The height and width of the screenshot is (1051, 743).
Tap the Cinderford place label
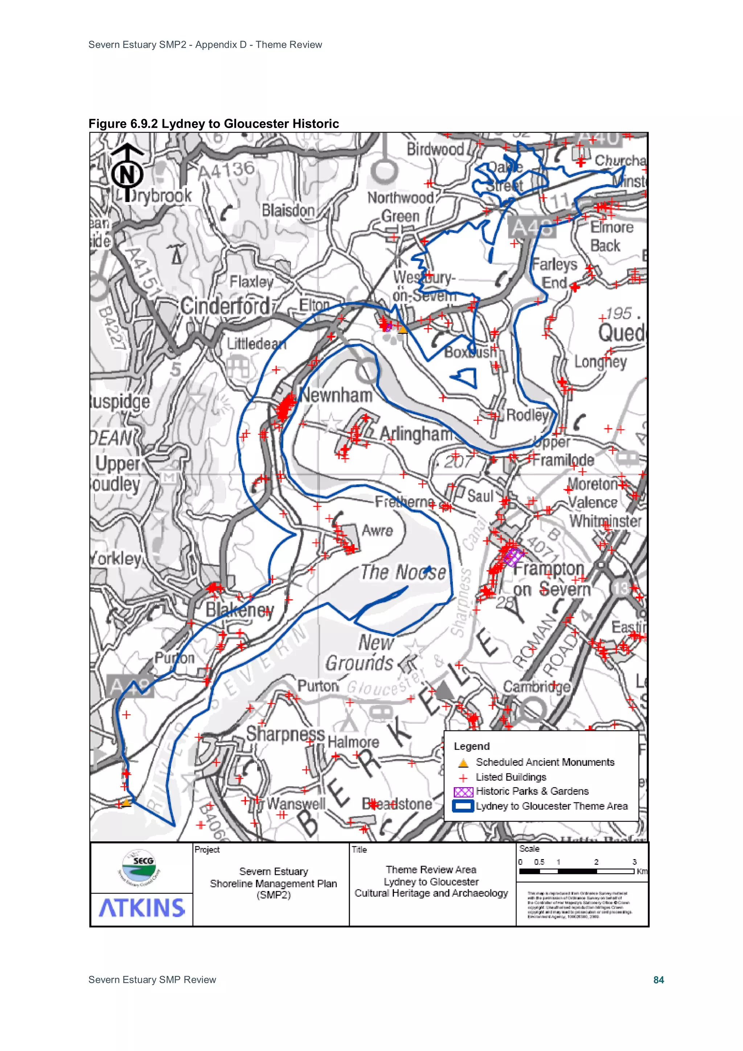click(225, 306)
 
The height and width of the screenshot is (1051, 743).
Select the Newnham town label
click(336, 395)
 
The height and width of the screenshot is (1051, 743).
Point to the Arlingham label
click(416, 434)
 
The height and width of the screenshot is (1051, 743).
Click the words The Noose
click(403, 572)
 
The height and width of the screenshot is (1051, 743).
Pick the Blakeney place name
click(239, 610)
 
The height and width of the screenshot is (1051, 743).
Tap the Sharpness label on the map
click(285, 734)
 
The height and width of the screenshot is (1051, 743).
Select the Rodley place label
click(527, 415)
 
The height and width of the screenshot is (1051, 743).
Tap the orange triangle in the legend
click(463, 763)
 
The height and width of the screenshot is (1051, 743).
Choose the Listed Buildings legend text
click(511, 777)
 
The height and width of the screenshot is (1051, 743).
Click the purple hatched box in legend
click(463, 792)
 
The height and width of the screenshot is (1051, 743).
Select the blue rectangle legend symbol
click(463, 806)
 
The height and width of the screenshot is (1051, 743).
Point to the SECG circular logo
click(142, 867)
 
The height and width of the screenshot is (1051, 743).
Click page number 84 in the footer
click(658, 980)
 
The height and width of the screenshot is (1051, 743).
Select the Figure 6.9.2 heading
click(213, 124)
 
